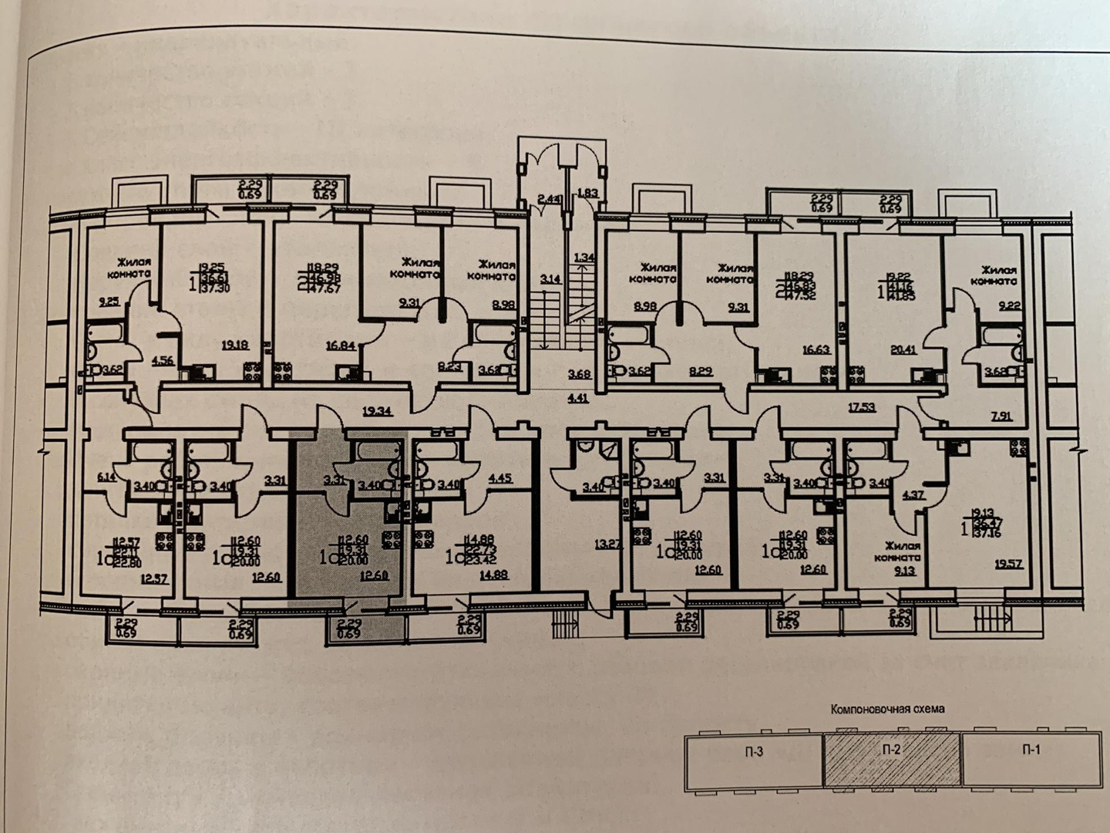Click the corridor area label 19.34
pyautogui.click(x=378, y=413)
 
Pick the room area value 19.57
pyautogui.click(x=1009, y=565)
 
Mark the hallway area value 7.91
pyautogui.click(x=1002, y=417)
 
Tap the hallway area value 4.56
pyautogui.click(x=163, y=359)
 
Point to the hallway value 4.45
pyautogui.click(x=500, y=477)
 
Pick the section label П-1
pyautogui.click(x=1031, y=750)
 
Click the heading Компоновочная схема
pyautogui.click(x=886, y=708)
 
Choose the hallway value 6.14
pyautogui.click(x=106, y=477)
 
